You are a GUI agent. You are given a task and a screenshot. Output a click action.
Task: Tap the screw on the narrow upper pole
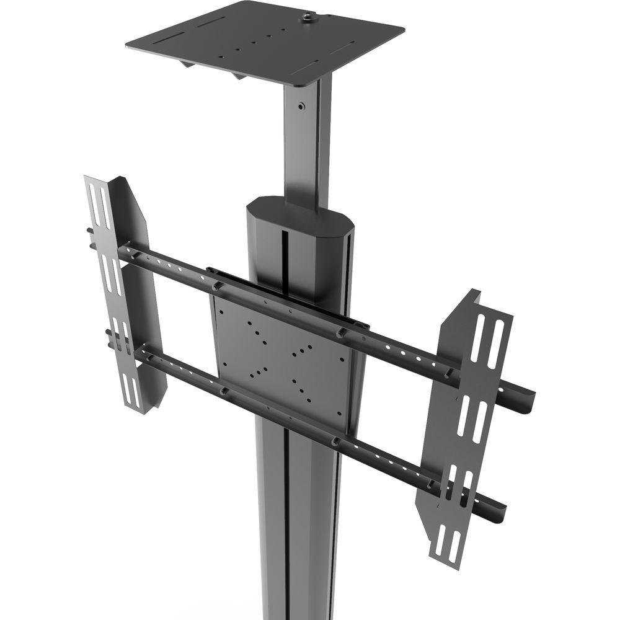coord(301,107)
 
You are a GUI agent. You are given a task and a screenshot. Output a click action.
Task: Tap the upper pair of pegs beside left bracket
coord(91,238)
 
